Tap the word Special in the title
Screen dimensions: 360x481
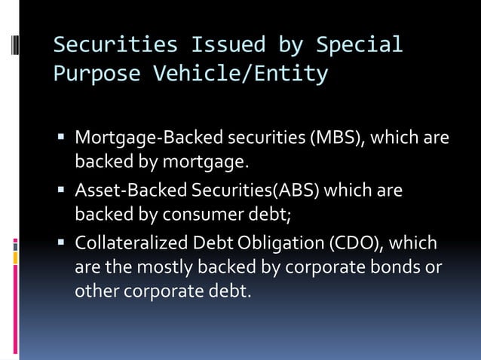click(x=359, y=45)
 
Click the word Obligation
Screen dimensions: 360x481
click(x=269, y=245)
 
